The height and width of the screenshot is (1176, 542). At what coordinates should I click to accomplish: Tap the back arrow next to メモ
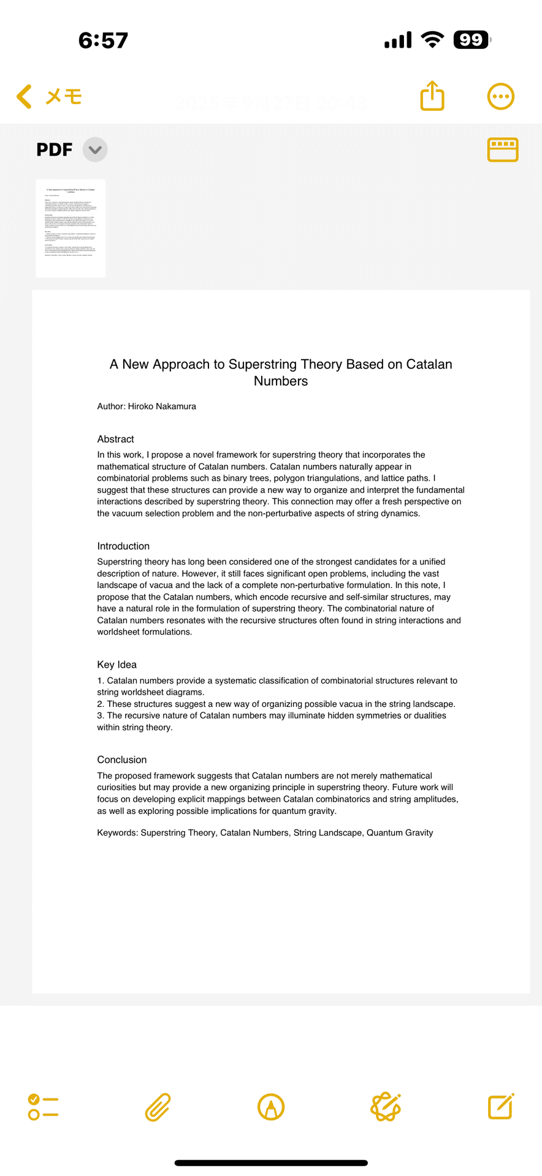25,97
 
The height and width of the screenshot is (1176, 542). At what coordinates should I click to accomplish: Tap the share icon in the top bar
432,96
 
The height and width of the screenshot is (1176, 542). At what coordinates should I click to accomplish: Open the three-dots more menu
500,97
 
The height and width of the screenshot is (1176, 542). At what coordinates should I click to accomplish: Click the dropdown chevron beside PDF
95,149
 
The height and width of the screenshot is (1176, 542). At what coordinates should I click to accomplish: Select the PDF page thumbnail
71,228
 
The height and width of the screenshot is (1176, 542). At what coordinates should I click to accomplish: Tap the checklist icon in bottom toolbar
43,1107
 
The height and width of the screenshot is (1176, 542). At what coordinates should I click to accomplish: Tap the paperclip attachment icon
158,1107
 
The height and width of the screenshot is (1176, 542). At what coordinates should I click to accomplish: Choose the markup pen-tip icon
270,1107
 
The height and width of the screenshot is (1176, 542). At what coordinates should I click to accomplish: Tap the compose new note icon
500,1106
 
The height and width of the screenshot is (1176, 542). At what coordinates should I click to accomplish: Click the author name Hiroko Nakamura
162,406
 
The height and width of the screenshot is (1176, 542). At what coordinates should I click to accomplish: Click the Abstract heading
115,439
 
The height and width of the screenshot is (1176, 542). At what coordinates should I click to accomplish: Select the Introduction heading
123,546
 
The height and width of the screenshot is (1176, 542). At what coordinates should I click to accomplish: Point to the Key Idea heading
116,665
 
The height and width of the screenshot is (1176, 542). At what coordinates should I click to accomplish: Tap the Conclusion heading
121,759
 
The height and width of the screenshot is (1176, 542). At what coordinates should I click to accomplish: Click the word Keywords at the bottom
116,833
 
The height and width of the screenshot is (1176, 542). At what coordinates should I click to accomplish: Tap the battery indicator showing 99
471,40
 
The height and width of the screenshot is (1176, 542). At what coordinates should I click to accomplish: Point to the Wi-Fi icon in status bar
432,40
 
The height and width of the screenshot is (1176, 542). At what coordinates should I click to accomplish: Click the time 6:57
103,40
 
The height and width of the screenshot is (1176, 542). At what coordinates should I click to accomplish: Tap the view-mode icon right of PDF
503,149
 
